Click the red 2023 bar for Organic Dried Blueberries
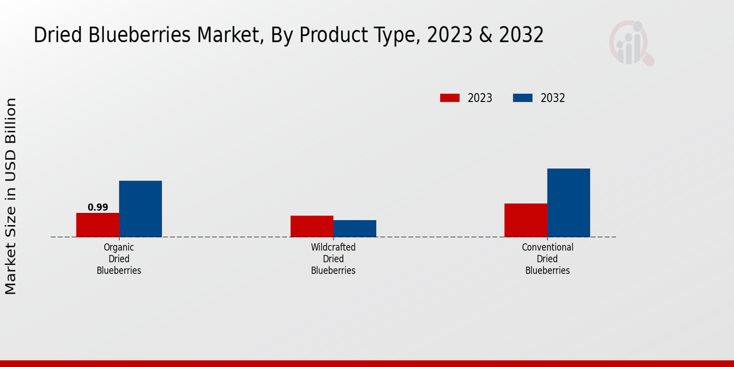(97, 224)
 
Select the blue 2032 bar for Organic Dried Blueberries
(140, 209)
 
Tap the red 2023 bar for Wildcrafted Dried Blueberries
(311, 226)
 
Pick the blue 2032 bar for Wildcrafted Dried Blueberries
(355, 228)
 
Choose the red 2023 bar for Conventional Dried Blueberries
(525, 220)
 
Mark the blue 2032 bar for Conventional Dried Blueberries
(568, 202)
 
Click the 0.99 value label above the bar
(98, 207)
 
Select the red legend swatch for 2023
(450, 98)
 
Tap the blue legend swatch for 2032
(522, 98)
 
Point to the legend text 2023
(480, 98)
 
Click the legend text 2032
(552, 98)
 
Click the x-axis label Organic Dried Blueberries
(119, 259)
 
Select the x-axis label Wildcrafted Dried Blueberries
(333, 259)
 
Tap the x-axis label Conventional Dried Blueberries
(547, 259)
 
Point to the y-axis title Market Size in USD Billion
(11, 196)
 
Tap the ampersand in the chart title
(486, 35)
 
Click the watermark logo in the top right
(631, 43)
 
